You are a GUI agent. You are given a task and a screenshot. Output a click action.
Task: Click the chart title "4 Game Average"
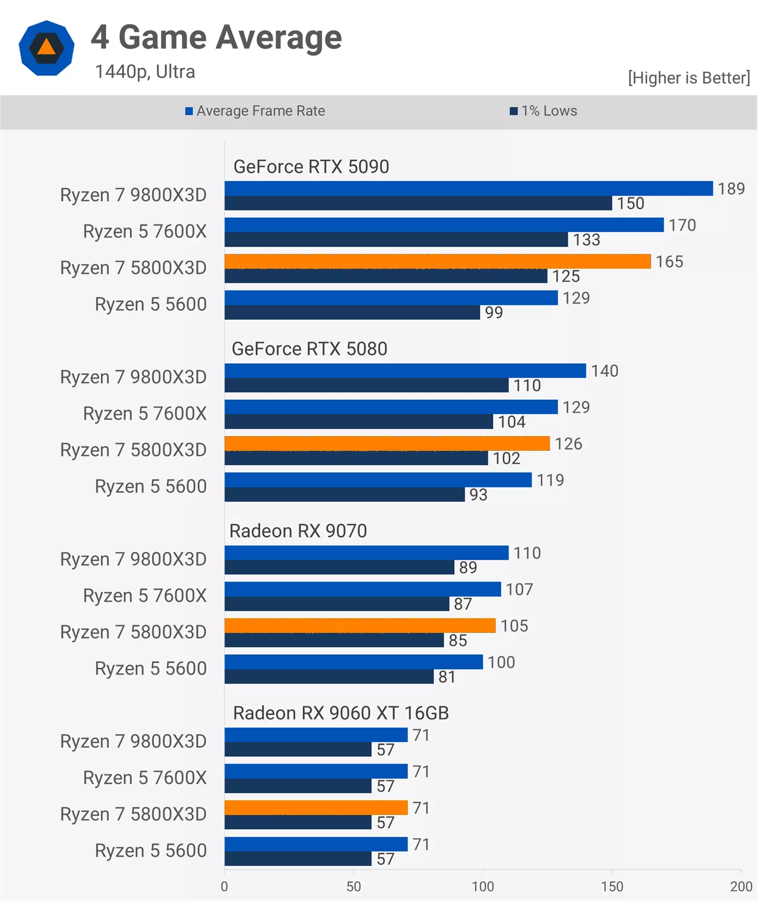pos(216,37)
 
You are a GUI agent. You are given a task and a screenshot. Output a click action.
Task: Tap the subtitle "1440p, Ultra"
pos(145,72)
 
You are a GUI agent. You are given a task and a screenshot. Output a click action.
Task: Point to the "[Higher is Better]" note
pos(688,77)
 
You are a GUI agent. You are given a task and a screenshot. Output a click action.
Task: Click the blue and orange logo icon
pos(46,48)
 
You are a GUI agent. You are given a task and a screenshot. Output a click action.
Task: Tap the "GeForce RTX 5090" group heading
pos(311,167)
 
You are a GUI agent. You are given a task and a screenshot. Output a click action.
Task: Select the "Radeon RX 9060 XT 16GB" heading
pos(341,713)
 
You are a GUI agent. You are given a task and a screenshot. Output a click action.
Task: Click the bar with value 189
pos(468,188)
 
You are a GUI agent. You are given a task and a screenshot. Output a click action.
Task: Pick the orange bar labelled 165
pos(437,261)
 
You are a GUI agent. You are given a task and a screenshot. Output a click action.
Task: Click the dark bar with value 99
pos(352,312)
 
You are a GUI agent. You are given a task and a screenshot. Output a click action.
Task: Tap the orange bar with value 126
pos(387,443)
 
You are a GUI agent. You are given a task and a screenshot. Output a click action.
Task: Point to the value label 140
pos(605,371)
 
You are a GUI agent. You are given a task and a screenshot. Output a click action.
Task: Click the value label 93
pos(478,495)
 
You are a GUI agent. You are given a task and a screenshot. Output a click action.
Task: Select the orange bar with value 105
pos(360,626)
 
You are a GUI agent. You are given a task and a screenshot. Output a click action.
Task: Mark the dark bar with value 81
pos(329,676)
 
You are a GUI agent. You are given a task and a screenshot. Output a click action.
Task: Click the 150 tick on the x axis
pos(612,886)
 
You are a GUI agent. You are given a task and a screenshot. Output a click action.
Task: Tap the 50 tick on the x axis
pos(354,886)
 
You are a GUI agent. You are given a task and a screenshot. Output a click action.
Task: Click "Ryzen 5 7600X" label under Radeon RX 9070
pos(145,596)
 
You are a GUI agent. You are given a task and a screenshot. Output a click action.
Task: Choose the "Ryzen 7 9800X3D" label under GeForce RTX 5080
pos(133,377)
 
